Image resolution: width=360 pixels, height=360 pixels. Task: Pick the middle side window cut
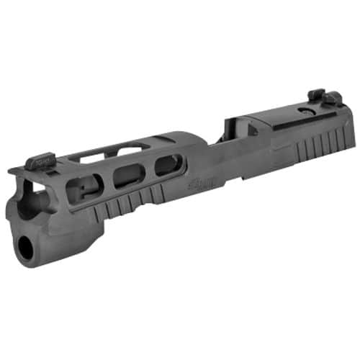click(x=127, y=176)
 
